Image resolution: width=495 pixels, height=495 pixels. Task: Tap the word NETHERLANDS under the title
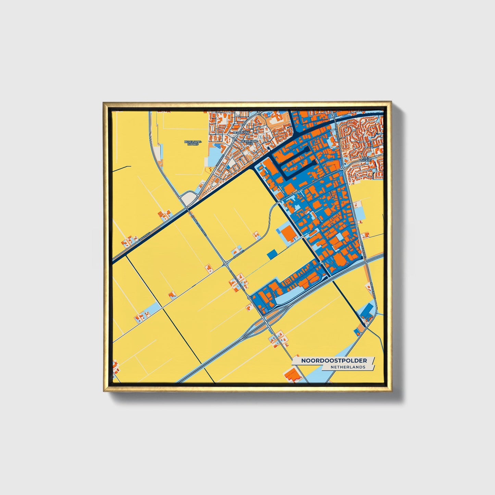[348, 367]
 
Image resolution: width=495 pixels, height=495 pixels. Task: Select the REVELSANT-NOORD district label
[193, 143]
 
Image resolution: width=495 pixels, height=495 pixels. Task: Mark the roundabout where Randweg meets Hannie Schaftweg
[225, 264]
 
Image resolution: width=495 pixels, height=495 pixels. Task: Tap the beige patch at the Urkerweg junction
[189, 198]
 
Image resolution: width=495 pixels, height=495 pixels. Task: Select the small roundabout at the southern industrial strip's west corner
[249, 298]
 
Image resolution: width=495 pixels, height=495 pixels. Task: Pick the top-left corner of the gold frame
[104, 103]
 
